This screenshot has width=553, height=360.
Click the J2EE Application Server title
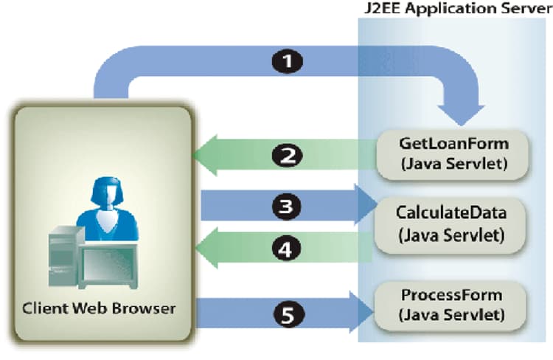pyautogui.click(x=452, y=10)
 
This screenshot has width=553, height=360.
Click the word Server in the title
pyautogui.click(x=522, y=10)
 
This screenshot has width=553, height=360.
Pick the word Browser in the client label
pyautogui.click(x=147, y=308)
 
